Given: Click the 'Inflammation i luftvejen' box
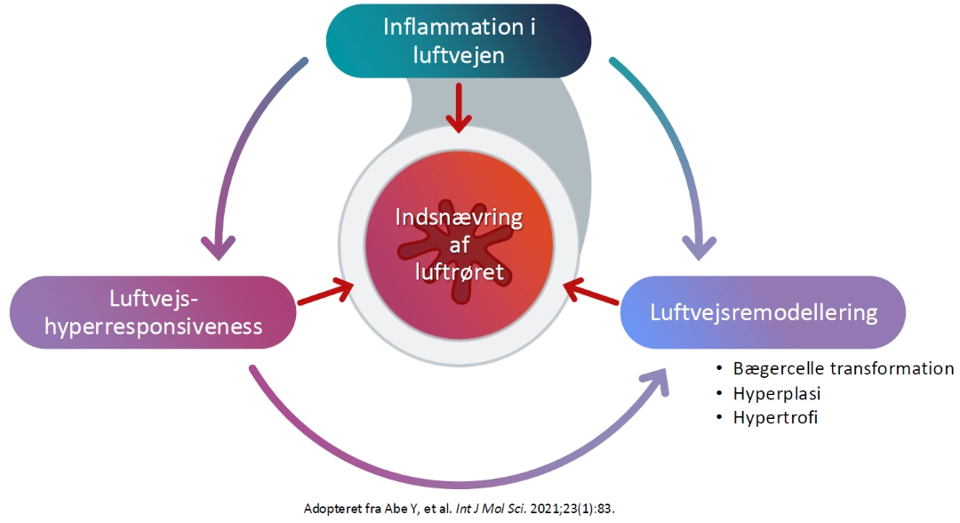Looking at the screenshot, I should pyautogui.click(x=459, y=41).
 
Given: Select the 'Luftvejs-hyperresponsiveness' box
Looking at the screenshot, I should pyautogui.click(x=152, y=312).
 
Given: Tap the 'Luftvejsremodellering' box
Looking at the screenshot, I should pyautogui.click(x=763, y=312).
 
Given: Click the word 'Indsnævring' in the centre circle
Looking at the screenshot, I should pyautogui.click(x=460, y=218).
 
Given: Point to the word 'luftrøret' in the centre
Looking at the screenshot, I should pyautogui.click(x=460, y=271).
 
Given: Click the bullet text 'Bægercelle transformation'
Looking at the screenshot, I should pyautogui.click(x=843, y=368).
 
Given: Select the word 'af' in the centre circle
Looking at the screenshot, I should pyautogui.click(x=460, y=245).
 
